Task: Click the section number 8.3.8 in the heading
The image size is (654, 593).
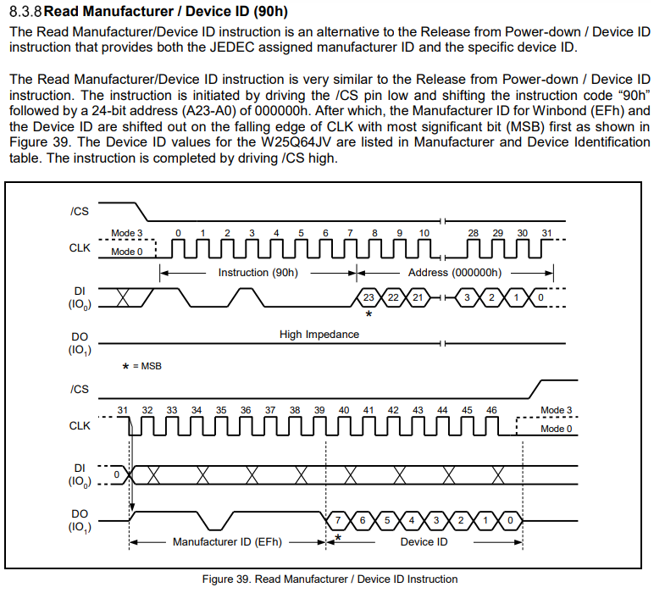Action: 25,11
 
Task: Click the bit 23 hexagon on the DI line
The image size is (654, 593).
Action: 369,297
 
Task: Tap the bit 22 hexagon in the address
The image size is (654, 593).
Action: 393,297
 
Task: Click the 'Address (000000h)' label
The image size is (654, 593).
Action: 455,273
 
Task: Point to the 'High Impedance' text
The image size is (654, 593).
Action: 319,335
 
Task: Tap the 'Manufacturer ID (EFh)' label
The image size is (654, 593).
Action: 227,542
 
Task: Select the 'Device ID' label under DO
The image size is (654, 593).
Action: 424,542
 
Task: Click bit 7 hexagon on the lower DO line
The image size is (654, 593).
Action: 338,520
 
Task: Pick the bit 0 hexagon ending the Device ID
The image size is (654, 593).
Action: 510,520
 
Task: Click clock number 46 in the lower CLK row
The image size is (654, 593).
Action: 491,410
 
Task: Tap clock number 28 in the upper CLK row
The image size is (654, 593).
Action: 474,233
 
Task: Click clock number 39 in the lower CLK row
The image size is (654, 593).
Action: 319,410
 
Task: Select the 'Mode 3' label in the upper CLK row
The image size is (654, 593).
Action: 127,233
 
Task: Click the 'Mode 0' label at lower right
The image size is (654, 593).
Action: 557,430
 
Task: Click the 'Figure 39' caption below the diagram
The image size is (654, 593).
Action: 329,579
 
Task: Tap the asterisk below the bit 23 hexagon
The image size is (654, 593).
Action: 369,313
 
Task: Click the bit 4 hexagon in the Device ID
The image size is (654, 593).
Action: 412,520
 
